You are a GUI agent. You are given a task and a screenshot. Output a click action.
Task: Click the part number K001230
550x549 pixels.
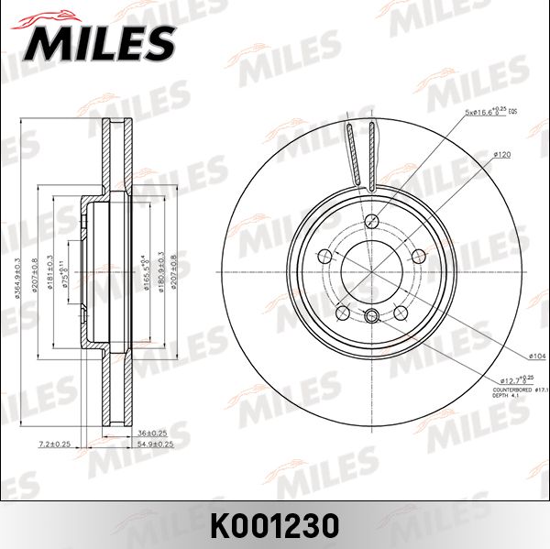[x=275, y=525]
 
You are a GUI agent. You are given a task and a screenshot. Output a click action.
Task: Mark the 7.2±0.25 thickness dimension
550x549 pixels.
[x=55, y=443]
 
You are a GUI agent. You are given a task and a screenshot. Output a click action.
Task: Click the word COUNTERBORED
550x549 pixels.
[x=511, y=389]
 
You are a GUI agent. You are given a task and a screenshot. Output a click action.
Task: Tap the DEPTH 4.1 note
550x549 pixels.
[x=508, y=396]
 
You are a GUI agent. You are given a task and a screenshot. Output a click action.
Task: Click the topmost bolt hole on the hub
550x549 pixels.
[x=371, y=222]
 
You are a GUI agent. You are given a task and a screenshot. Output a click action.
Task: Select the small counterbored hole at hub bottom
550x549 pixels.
[x=371, y=317]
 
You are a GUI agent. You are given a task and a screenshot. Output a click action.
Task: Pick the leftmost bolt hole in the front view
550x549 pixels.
[x=324, y=256]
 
